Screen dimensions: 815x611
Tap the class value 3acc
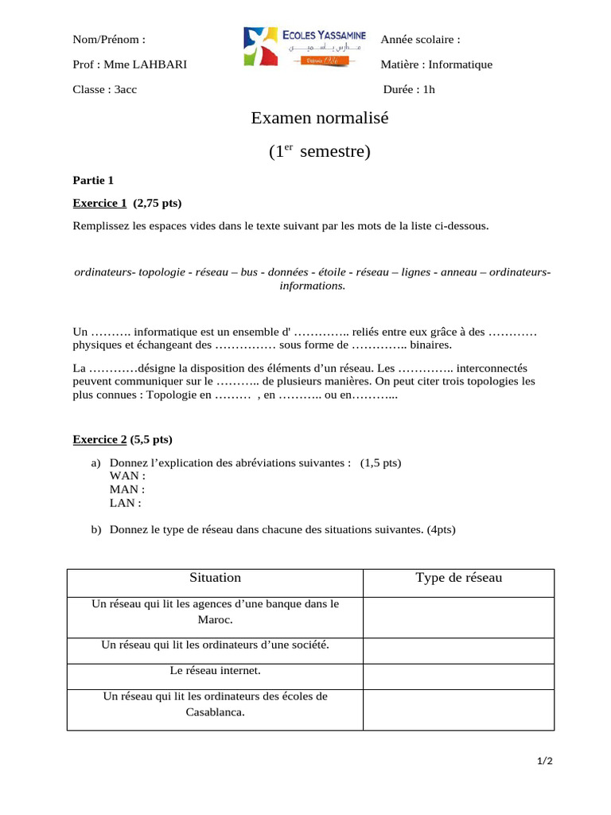coord(126,89)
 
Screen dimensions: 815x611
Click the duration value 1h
coord(429,89)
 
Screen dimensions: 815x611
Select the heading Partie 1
coord(93,180)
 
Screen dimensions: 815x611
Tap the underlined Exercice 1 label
coord(99,202)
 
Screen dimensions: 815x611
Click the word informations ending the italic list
coord(312,285)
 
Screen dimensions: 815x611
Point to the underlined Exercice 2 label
coord(99,439)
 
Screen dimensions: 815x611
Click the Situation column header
coord(215,578)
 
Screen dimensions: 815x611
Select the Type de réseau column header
coord(458,578)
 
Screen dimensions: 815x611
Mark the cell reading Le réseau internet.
coord(215,671)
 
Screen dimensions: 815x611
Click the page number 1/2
coord(544,762)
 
